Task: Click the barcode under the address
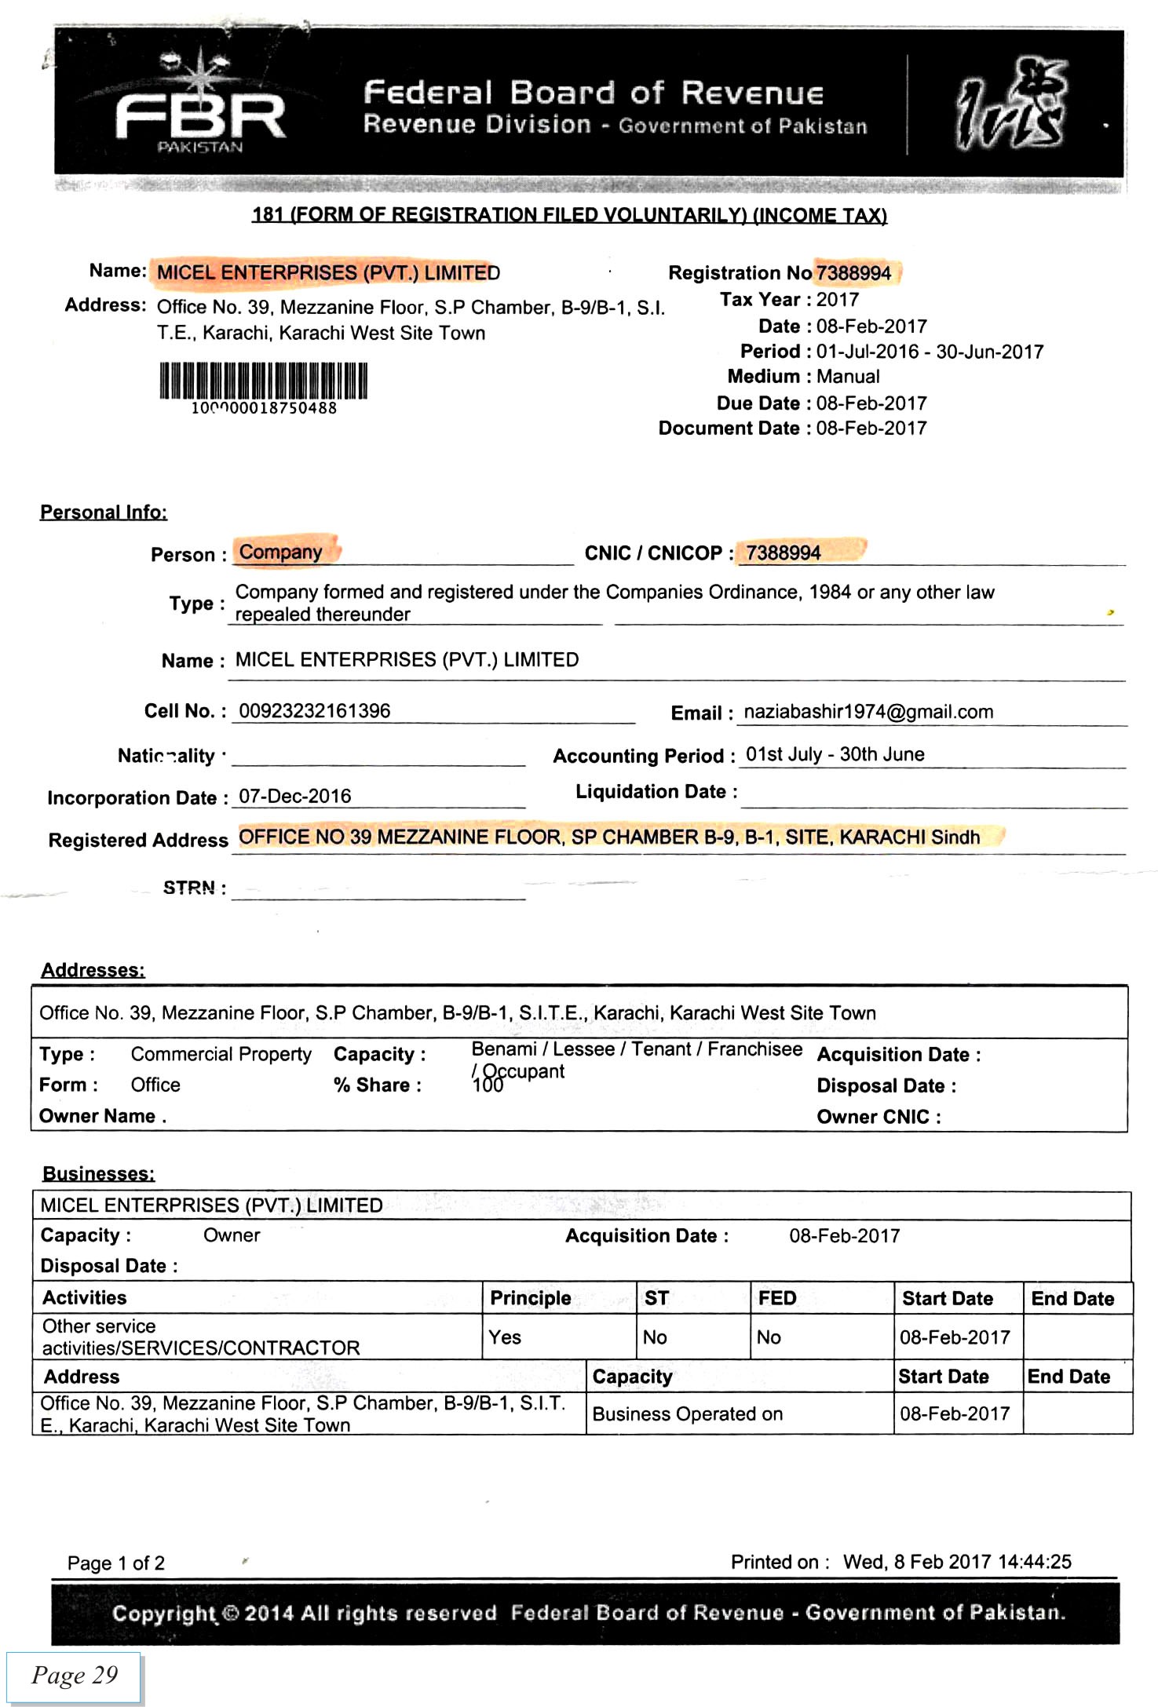pos(264,382)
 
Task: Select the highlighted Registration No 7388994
pos(854,273)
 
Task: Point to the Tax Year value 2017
pos(838,300)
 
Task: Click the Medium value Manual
pos(848,377)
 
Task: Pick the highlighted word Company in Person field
pos(281,552)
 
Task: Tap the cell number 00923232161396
pos(314,711)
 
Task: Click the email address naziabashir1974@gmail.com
pos(868,712)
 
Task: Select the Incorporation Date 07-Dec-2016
pos(294,796)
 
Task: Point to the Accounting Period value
pos(835,754)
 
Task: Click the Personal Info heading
pos(104,512)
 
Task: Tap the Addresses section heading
pos(93,970)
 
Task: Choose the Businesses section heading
pos(98,1173)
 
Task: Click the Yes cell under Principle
pos(505,1337)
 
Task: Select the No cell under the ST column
pos(655,1337)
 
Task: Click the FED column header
pos(777,1298)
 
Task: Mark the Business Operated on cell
pos(688,1413)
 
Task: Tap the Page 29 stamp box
pos(74,1676)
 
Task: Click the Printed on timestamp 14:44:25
pos(1035,1562)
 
